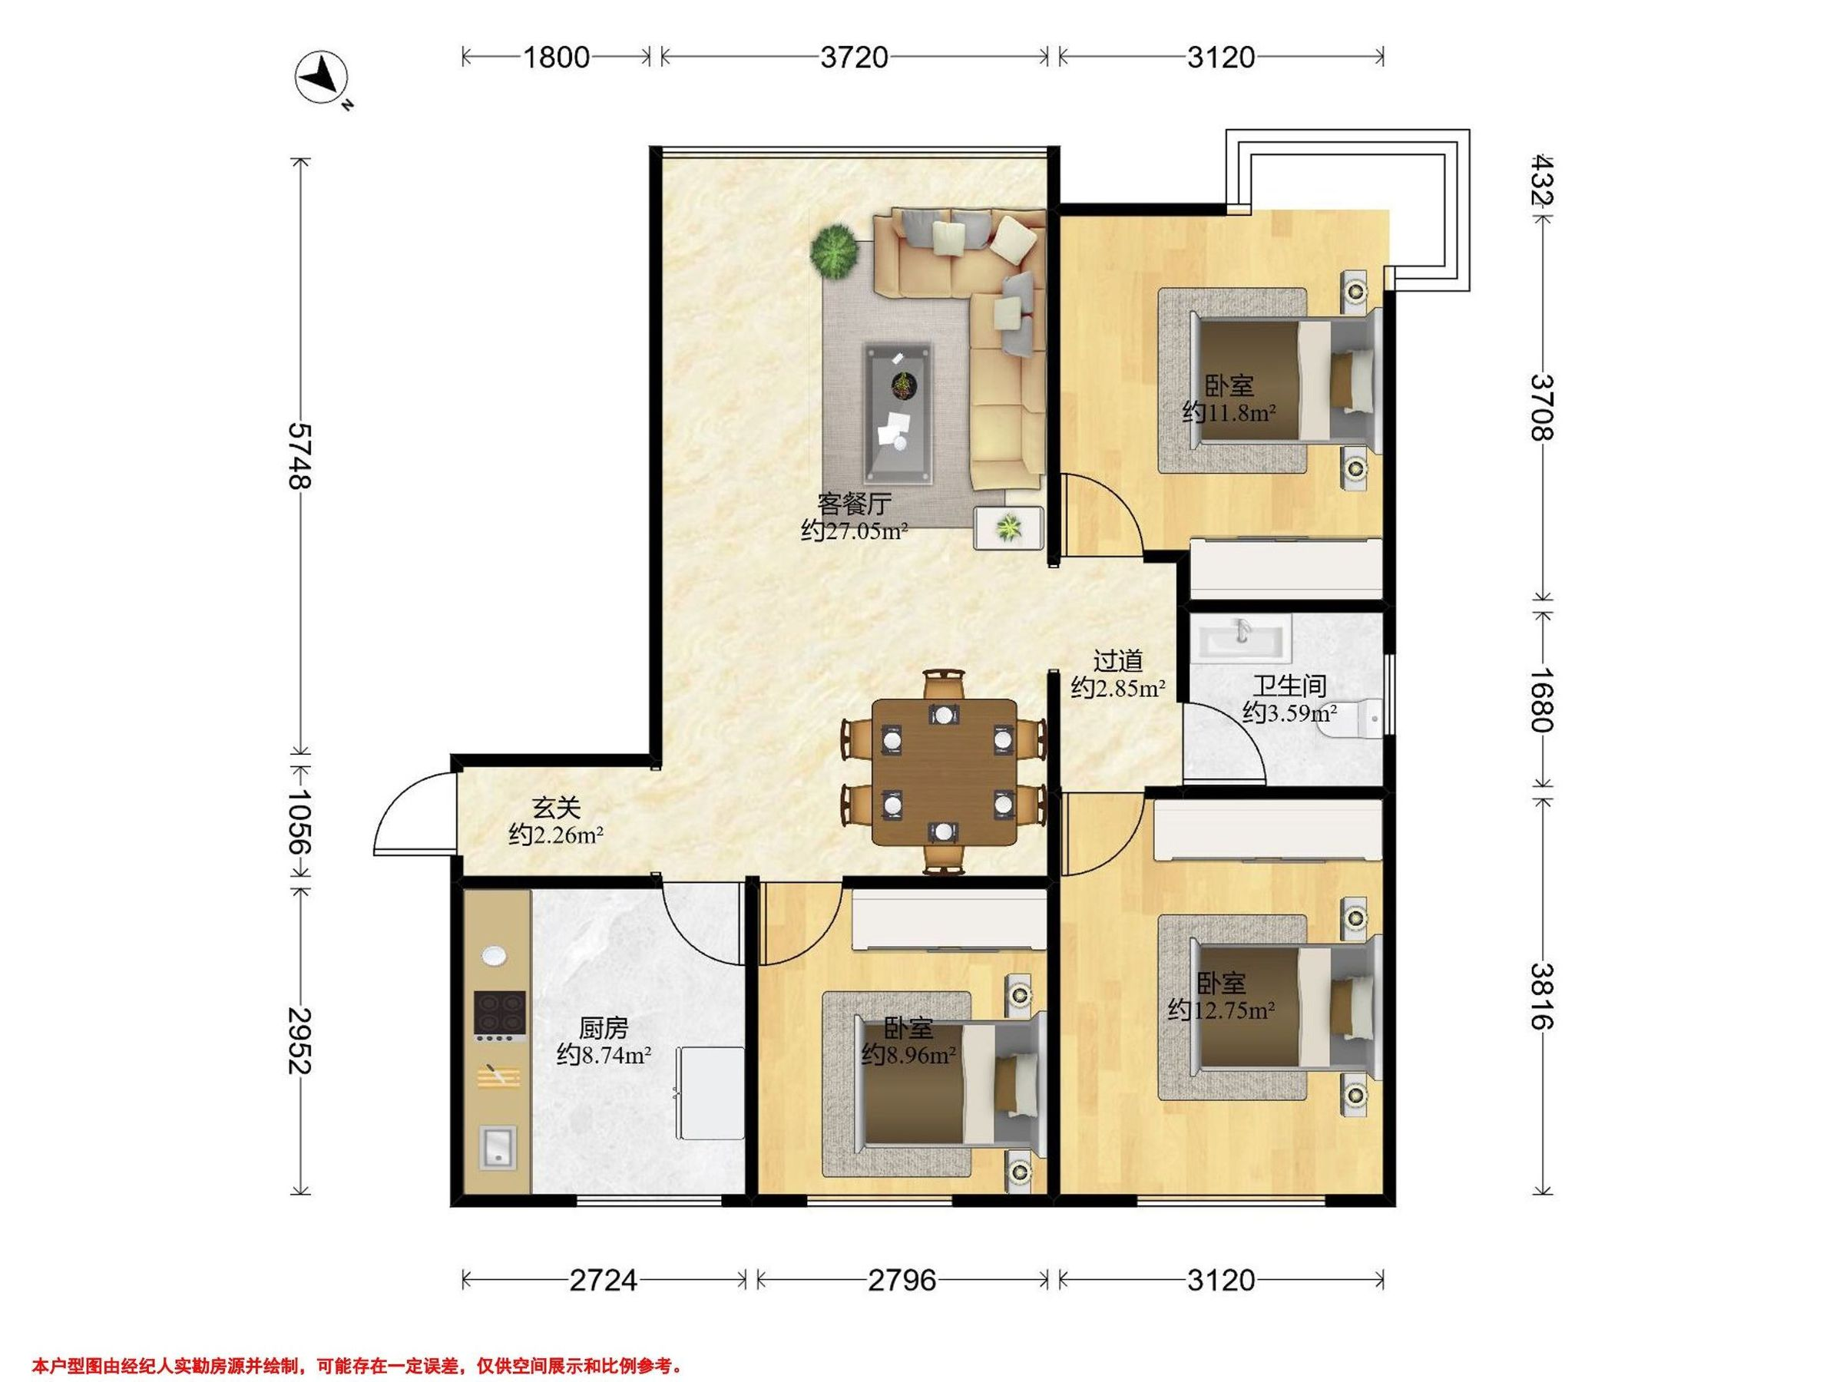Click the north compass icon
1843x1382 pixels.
(322, 79)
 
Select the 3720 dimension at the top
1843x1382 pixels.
(854, 57)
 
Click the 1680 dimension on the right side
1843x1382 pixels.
(1542, 698)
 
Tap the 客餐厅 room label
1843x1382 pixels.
(854, 504)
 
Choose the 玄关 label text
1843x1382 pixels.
(556, 807)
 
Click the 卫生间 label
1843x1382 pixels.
(1290, 686)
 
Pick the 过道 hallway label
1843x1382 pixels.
(1117, 660)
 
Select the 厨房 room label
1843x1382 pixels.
(604, 1028)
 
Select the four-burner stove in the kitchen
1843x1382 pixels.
(499, 1016)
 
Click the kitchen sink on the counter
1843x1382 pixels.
(498, 1147)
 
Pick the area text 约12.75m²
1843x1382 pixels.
(1222, 1010)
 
